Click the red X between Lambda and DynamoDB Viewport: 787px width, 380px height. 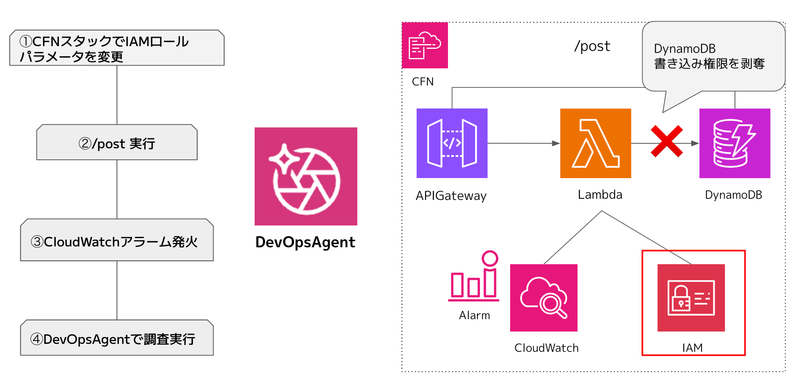667,141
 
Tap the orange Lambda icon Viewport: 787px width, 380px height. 596,143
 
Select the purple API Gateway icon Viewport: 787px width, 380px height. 452,143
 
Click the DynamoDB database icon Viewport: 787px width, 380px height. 734,143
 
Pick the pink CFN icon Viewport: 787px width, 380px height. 425,45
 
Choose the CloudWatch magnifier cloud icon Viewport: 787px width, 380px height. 543,298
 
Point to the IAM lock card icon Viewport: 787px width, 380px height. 691,298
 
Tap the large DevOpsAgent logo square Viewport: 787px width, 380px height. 306,176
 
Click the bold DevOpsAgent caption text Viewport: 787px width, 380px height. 305,242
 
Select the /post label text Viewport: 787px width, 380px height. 592,47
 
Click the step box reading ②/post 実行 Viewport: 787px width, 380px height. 117,143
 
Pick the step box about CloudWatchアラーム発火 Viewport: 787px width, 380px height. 117,240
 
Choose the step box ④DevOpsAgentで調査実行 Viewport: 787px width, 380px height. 117,338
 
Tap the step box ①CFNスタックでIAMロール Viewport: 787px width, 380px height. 117,48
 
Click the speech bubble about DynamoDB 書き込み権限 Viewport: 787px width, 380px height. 713,56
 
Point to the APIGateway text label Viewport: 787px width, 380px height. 451,196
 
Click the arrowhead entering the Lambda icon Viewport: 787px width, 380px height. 556,143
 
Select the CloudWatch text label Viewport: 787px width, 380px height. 546,348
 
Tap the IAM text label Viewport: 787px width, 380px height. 692,348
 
